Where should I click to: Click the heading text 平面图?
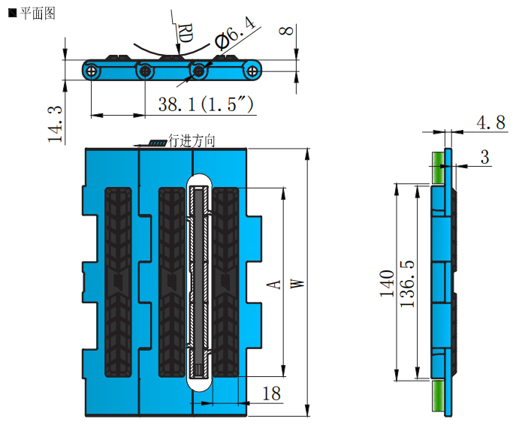[37, 13]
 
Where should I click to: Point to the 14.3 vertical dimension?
[55, 123]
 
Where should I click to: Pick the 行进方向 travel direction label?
[192, 140]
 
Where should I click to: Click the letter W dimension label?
[297, 283]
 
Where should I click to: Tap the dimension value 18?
[271, 393]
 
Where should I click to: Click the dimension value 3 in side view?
[484, 157]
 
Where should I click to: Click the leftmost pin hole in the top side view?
[92, 71]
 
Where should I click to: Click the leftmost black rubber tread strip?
[118, 282]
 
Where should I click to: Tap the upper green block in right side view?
[436, 167]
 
